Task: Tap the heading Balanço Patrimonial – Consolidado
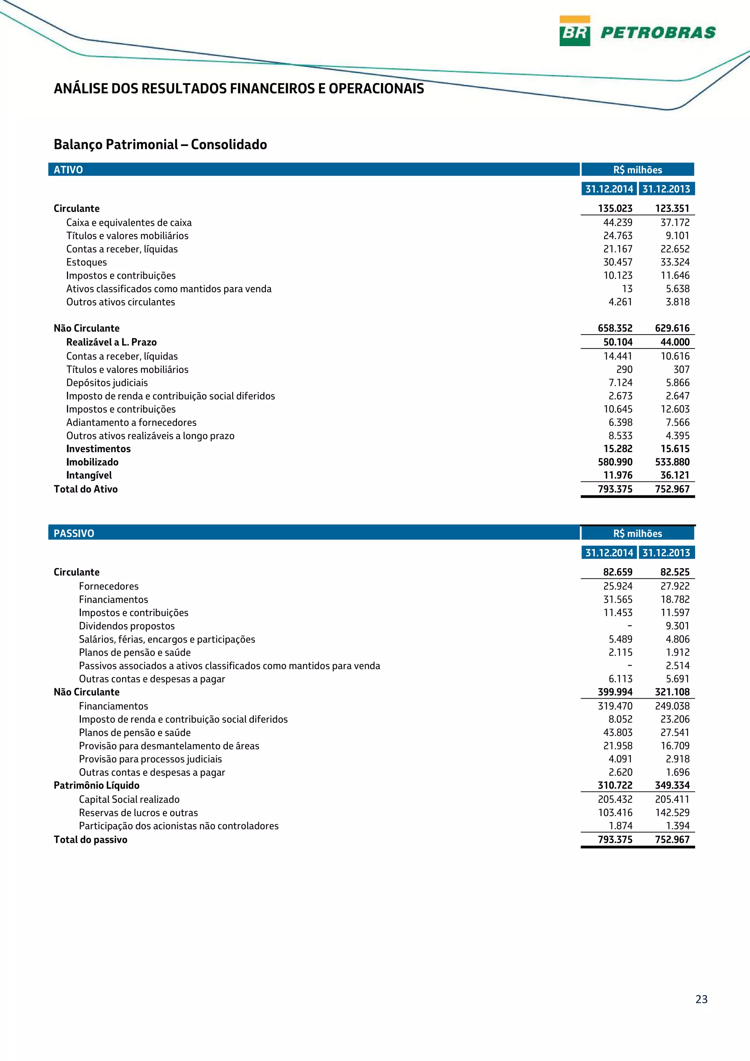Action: (160, 145)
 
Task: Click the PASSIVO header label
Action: (74, 533)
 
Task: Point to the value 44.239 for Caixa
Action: (617, 222)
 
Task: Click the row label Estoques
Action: (86, 262)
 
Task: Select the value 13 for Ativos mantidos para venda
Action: (627, 289)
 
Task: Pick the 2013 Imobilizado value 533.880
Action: (672, 462)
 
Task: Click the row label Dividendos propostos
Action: (127, 626)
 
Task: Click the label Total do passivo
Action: (90, 839)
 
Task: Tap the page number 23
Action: (701, 999)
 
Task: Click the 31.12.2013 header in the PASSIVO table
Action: (666, 553)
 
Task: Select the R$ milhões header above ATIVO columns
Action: (637, 170)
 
